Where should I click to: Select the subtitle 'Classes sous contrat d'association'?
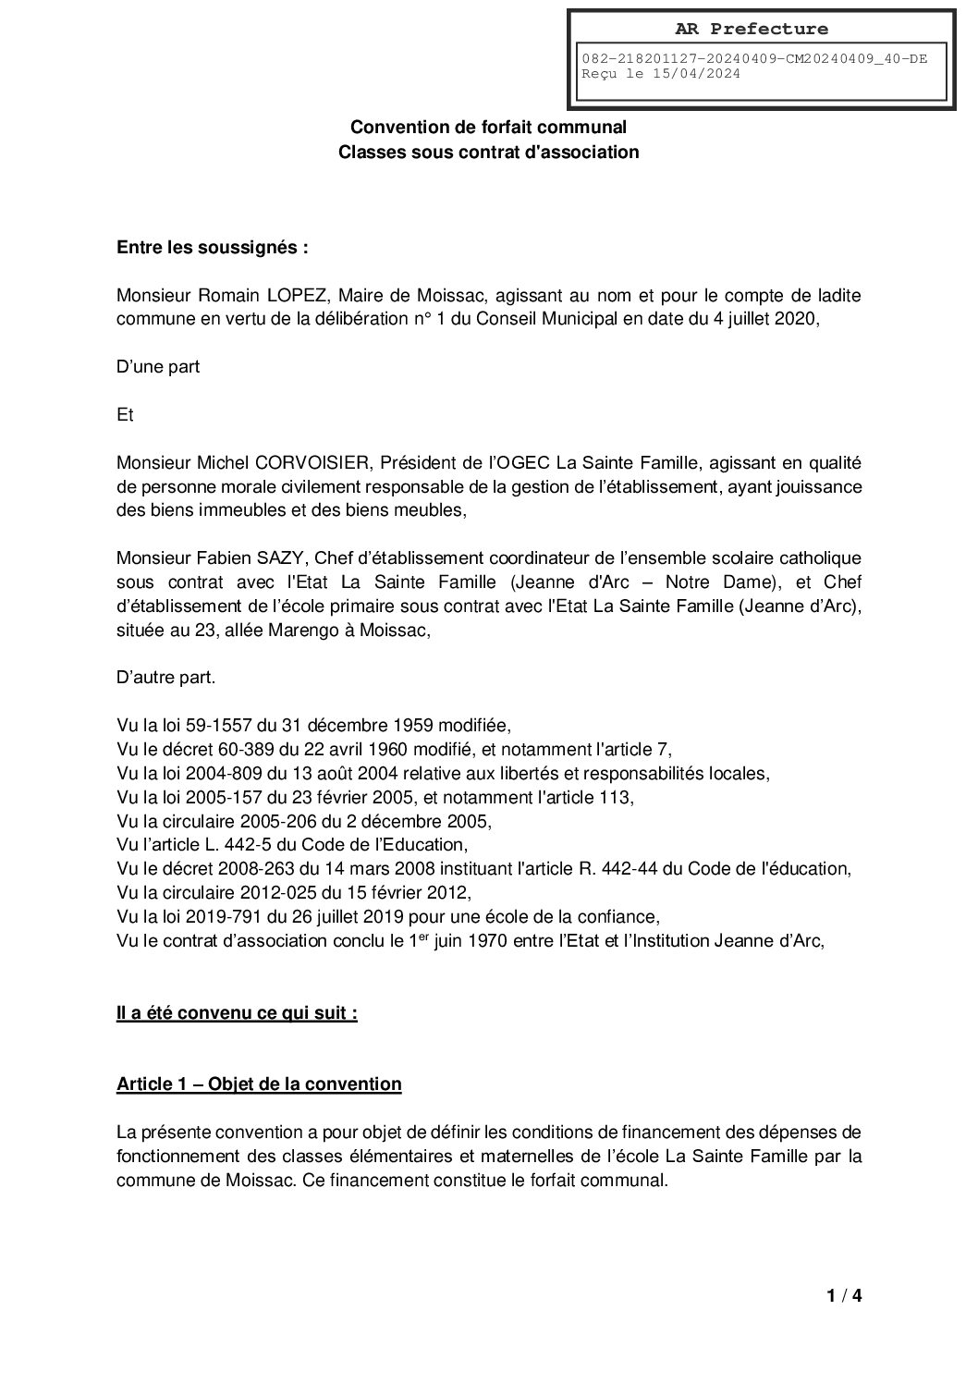tap(488, 152)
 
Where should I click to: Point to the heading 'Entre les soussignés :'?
tap(212, 248)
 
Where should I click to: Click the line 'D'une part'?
tap(158, 367)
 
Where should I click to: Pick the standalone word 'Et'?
tap(126, 416)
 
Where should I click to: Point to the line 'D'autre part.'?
tap(166, 678)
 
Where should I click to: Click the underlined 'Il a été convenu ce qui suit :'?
tap(237, 1013)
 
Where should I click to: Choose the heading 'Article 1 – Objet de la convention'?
tap(259, 1084)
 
